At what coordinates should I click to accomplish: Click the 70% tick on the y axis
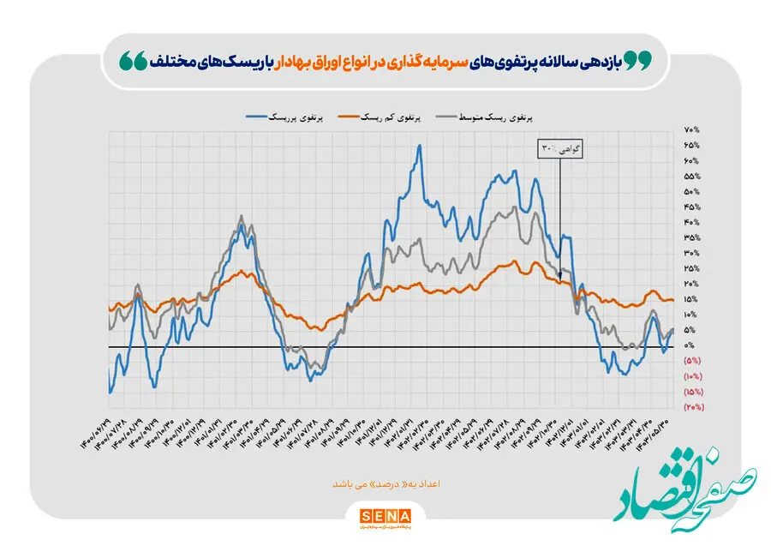tap(691, 129)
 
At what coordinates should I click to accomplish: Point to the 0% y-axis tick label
tap(690, 345)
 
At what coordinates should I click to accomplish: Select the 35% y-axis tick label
tap(691, 237)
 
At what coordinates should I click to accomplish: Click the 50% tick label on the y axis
tap(691, 191)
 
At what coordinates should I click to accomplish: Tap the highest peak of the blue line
tap(419, 146)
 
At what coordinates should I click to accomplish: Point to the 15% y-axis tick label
tap(691, 299)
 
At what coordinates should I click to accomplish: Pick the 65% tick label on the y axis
tap(691, 145)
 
